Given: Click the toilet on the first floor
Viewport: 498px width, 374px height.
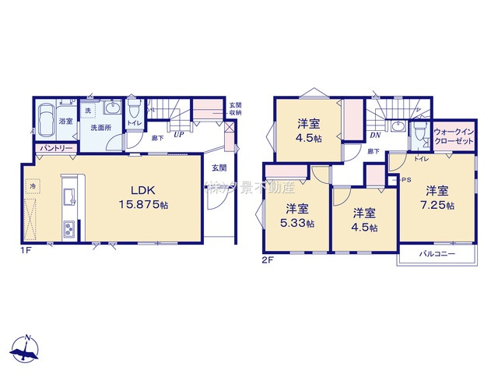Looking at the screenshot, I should point(133,104).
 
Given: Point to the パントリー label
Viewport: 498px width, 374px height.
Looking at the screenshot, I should point(54,148).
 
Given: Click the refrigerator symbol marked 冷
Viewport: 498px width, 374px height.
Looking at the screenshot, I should point(33,187).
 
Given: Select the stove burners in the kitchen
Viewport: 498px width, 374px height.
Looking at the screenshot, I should point(68,229).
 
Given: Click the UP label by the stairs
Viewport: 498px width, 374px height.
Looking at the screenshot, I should point(178,135).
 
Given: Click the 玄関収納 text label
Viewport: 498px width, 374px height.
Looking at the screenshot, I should point(234,109).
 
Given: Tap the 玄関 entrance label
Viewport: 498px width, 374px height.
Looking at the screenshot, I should point(219,168).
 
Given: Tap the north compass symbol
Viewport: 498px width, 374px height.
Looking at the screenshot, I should point(26,348).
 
